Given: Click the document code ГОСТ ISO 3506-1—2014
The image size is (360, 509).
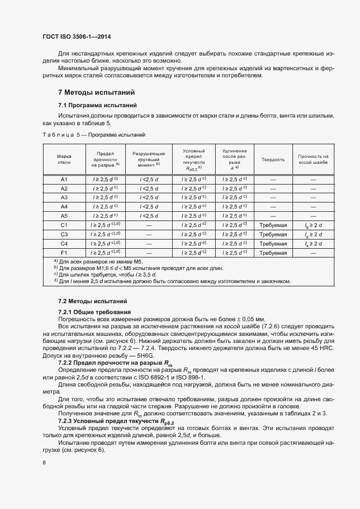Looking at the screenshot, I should point(80,38).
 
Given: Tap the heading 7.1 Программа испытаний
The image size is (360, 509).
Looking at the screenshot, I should point(97,105).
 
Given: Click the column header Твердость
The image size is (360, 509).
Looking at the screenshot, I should point(273,160).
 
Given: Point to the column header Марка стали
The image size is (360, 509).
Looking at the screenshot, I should point(64,159).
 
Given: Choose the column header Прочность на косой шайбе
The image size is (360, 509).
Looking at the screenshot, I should point(313,160).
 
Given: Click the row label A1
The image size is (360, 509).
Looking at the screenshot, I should point(64,179).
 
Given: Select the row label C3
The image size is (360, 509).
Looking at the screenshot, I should point(64,235).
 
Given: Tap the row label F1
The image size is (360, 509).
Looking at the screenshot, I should point(64,253).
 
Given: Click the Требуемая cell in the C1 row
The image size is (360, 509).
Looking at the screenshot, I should point(273,225).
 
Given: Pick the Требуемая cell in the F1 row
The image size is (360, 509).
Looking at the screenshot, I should point(273,253).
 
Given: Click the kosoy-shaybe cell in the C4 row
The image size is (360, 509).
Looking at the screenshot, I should point(313,244).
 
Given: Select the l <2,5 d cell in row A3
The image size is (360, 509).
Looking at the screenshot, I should point(149,198).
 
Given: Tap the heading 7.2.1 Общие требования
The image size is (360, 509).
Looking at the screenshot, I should point(92,311).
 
